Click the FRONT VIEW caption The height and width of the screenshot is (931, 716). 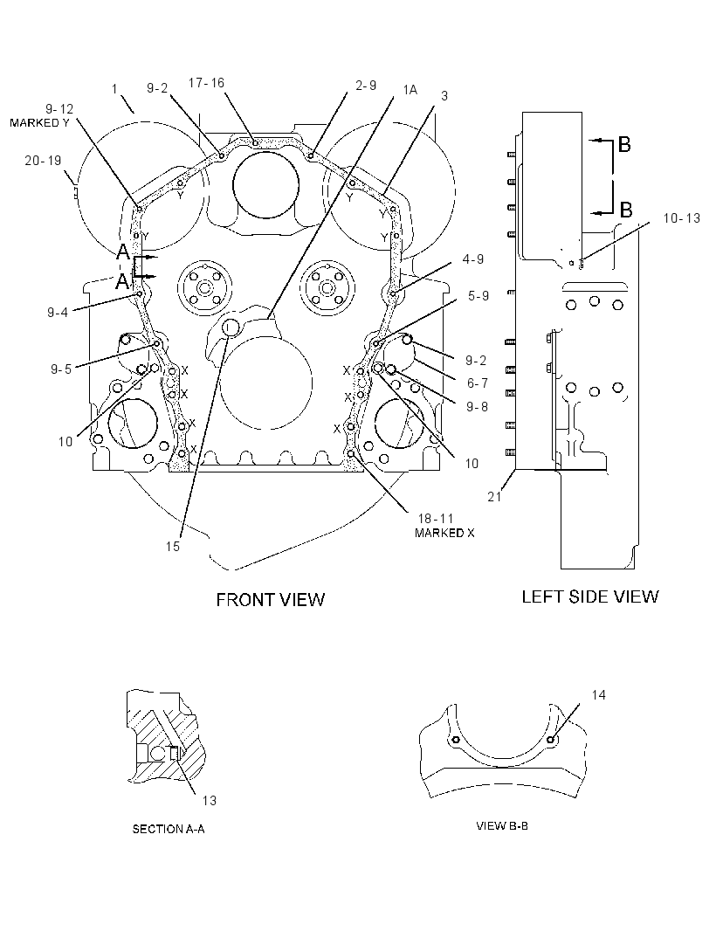[270, 600]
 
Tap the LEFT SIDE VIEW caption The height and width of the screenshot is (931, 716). [590, 597]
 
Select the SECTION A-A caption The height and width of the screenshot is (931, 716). [169, 829]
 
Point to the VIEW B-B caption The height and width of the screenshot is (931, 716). [502, 826]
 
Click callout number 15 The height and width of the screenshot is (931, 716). [173, 546]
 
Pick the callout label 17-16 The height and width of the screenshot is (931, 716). [207, 82]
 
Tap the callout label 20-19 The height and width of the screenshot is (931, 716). [43, 161]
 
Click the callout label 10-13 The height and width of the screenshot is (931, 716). [682, 218]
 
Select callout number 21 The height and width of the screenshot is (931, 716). [494, 496]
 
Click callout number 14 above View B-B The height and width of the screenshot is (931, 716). [598, 694]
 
